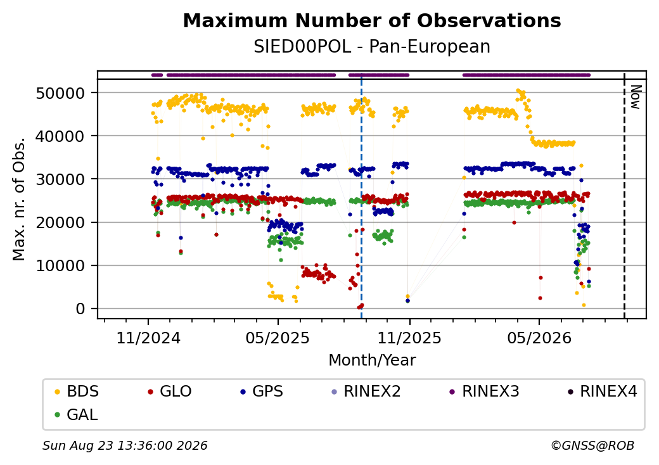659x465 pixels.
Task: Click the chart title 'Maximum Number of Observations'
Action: click(372, 20)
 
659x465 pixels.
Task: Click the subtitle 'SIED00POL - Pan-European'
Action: click(372, 47)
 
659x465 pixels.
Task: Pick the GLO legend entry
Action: click(170, 392)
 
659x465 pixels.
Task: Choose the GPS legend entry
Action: click(262, 392)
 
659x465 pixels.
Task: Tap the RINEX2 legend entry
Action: click(366, 392)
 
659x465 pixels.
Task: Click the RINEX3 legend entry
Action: click(485, 392)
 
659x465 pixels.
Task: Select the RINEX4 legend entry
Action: click(602, 392)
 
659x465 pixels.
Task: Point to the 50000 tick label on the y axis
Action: click(61, 93)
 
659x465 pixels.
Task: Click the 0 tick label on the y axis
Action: click(80, 309)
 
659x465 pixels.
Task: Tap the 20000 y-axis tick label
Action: click(61, 222)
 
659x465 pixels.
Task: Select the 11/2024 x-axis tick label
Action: click(148, 338)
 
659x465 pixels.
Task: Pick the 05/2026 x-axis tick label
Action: click(540, 338)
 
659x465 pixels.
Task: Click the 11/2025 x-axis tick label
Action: click(409, 338)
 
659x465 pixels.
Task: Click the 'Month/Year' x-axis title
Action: click(372, 360)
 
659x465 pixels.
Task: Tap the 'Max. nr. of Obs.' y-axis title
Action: click(19, 199)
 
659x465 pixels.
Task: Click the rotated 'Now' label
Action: click(636, 98)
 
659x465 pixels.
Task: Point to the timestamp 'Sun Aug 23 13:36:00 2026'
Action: click(125, 445)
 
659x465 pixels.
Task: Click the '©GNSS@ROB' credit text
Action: click(592, 445)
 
